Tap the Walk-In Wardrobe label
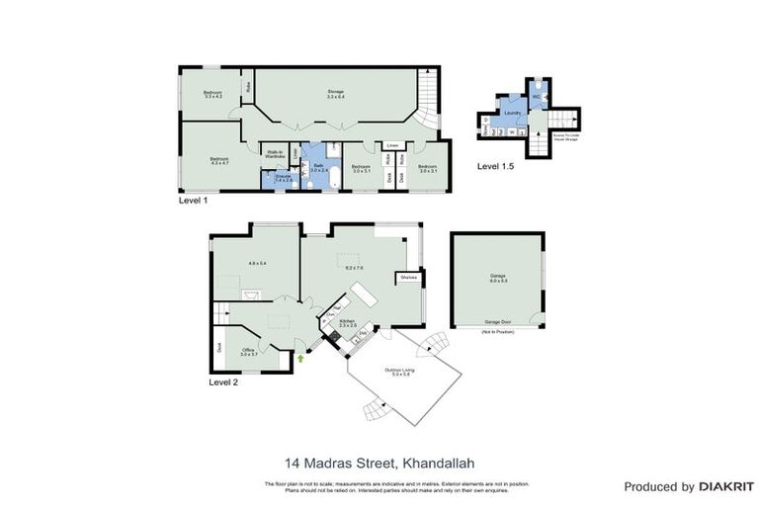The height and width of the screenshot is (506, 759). pos(275,154)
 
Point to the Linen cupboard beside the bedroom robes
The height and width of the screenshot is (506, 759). pos(392,145)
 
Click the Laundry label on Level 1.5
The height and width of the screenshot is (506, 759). pos(512,114)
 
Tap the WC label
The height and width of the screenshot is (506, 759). pos(535,96)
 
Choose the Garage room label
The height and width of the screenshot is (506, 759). pos(497,277)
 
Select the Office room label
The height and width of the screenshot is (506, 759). pos(249,351)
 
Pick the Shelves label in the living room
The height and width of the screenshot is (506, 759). pos(407,278)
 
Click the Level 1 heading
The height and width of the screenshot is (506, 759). pos(193,201)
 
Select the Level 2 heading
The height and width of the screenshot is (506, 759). pos(224,381)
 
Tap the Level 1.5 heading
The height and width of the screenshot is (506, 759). pos(495,166)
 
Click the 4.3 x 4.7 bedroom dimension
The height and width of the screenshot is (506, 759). pos(218,163)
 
